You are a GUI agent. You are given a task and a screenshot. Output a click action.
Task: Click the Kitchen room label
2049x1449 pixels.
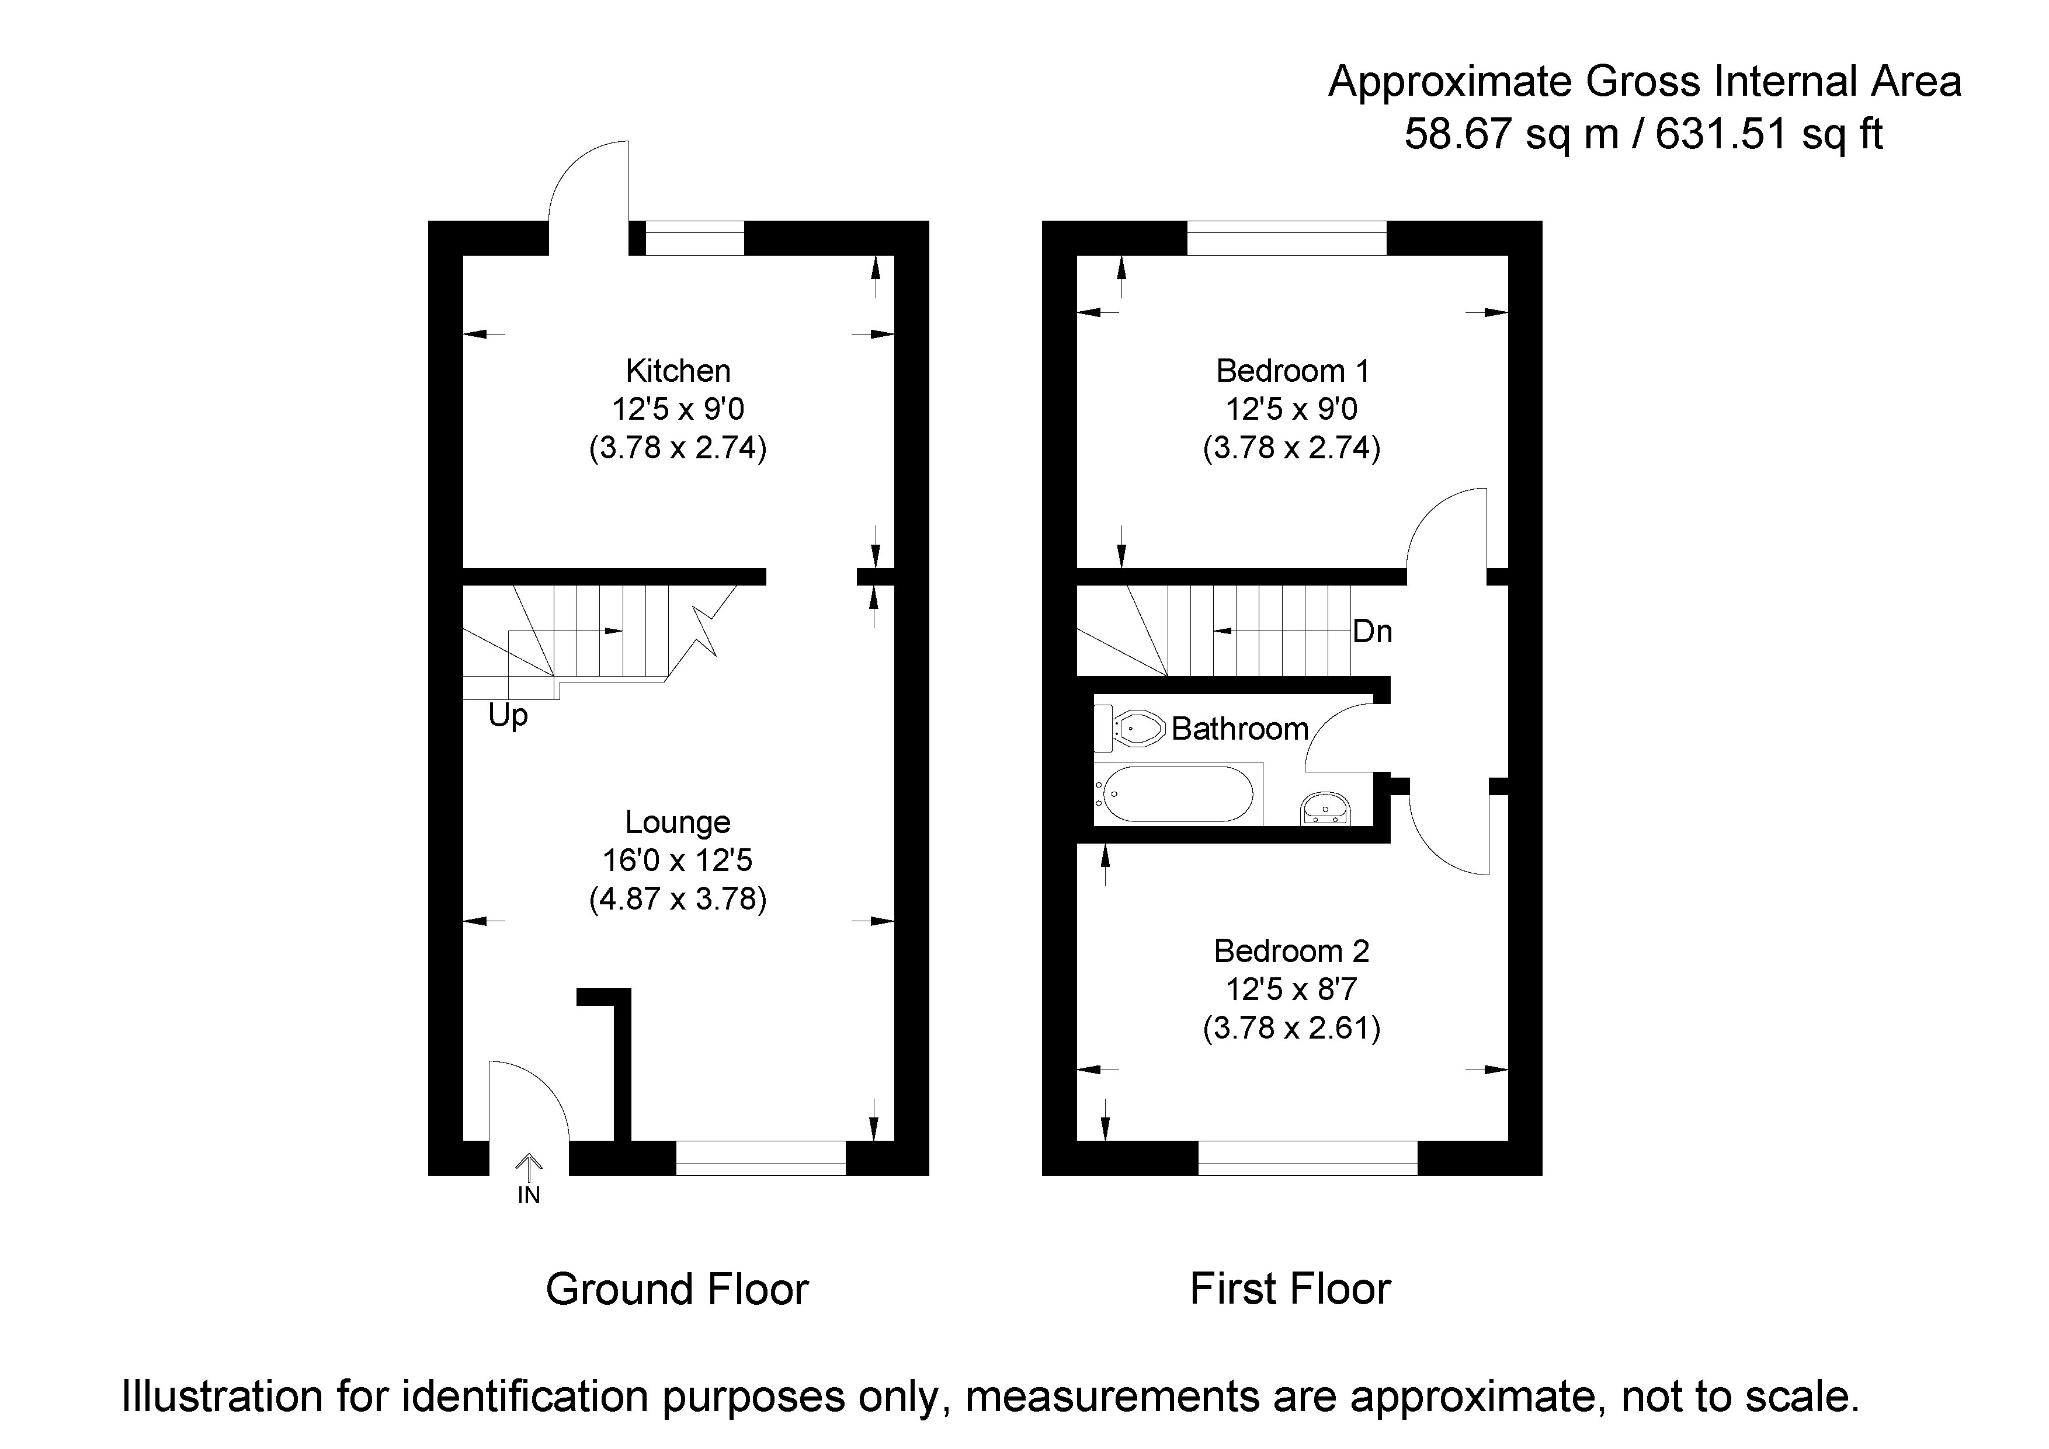678,370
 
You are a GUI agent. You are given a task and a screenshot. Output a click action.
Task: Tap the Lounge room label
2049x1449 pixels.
678,822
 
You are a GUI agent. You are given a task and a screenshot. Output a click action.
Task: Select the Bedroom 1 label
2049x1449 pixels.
1291,370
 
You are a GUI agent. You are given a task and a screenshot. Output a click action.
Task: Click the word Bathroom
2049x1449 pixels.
1239,729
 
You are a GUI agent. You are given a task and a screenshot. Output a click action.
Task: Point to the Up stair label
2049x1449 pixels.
508,716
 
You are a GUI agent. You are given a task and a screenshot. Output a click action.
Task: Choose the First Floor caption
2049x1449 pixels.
1290,1289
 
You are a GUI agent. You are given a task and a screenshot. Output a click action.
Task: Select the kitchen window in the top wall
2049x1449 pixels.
694,238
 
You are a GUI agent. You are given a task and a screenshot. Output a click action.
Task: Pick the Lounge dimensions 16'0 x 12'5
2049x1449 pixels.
678,860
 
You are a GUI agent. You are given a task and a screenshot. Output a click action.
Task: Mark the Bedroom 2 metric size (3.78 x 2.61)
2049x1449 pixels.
1291,1028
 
